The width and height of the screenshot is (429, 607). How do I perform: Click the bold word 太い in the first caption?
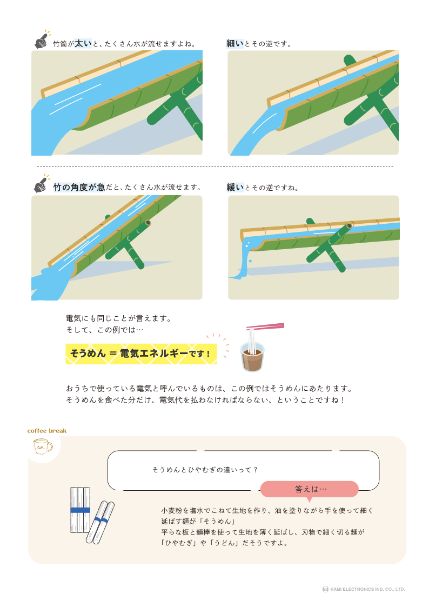point(83,44)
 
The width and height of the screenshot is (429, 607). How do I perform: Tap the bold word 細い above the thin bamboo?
point(235,44)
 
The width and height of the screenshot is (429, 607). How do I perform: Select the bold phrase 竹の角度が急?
point(79,188)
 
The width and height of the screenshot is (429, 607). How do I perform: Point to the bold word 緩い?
point(235,188)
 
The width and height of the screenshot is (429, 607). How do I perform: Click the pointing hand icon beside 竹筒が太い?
point(42,40)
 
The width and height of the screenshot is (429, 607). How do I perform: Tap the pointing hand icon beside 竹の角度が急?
point(41,184)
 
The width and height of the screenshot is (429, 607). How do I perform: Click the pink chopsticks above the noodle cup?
point(265,326)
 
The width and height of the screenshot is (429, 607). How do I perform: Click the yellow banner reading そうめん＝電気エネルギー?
point(141,354)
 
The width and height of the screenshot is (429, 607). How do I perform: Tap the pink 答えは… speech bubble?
point(310,489)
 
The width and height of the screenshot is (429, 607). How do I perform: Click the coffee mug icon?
point(43,446)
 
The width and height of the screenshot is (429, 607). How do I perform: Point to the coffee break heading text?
point(47,431)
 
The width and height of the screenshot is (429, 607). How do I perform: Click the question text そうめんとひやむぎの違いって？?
point(205,470)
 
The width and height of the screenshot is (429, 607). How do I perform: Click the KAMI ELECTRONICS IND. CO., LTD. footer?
point(364,589)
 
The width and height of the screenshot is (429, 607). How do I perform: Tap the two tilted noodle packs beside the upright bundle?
point(100,522)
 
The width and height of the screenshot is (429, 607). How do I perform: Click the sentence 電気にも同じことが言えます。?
point(118,318)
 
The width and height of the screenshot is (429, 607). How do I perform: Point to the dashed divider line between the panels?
point(215,166)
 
